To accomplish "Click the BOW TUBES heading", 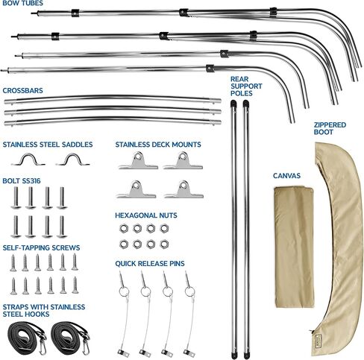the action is [x=22, y=3].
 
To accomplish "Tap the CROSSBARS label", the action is [x=22, y=90].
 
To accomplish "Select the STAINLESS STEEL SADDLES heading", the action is [x=48, y=145].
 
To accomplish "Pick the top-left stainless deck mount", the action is [x=138, y=161].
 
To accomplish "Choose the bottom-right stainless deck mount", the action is [x=183, y=189].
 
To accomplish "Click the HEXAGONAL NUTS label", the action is [x=146, y=215].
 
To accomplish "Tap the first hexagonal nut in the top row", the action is [x=124, y=228].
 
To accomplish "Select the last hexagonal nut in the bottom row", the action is [x=164, y=244].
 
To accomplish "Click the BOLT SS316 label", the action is [x=22, y=180].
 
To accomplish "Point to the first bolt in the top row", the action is [x=16, y=198].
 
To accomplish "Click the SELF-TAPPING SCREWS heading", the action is [x=41, y=247].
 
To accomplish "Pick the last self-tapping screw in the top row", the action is [x=75, y=262].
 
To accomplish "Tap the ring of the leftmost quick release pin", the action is [x=124, y=291].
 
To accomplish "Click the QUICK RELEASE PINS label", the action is [x=150, y=263].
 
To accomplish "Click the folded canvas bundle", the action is [x=295, y=247].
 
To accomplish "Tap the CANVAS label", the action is [x=286, y=176].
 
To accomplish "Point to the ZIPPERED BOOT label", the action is [x=330, y=128].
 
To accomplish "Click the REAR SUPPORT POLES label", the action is [x=246, y=86].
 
